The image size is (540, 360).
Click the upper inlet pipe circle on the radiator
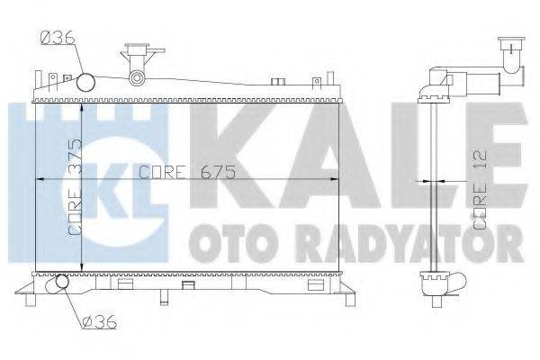[86, 83]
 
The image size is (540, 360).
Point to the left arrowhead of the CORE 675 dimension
[38, 179]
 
